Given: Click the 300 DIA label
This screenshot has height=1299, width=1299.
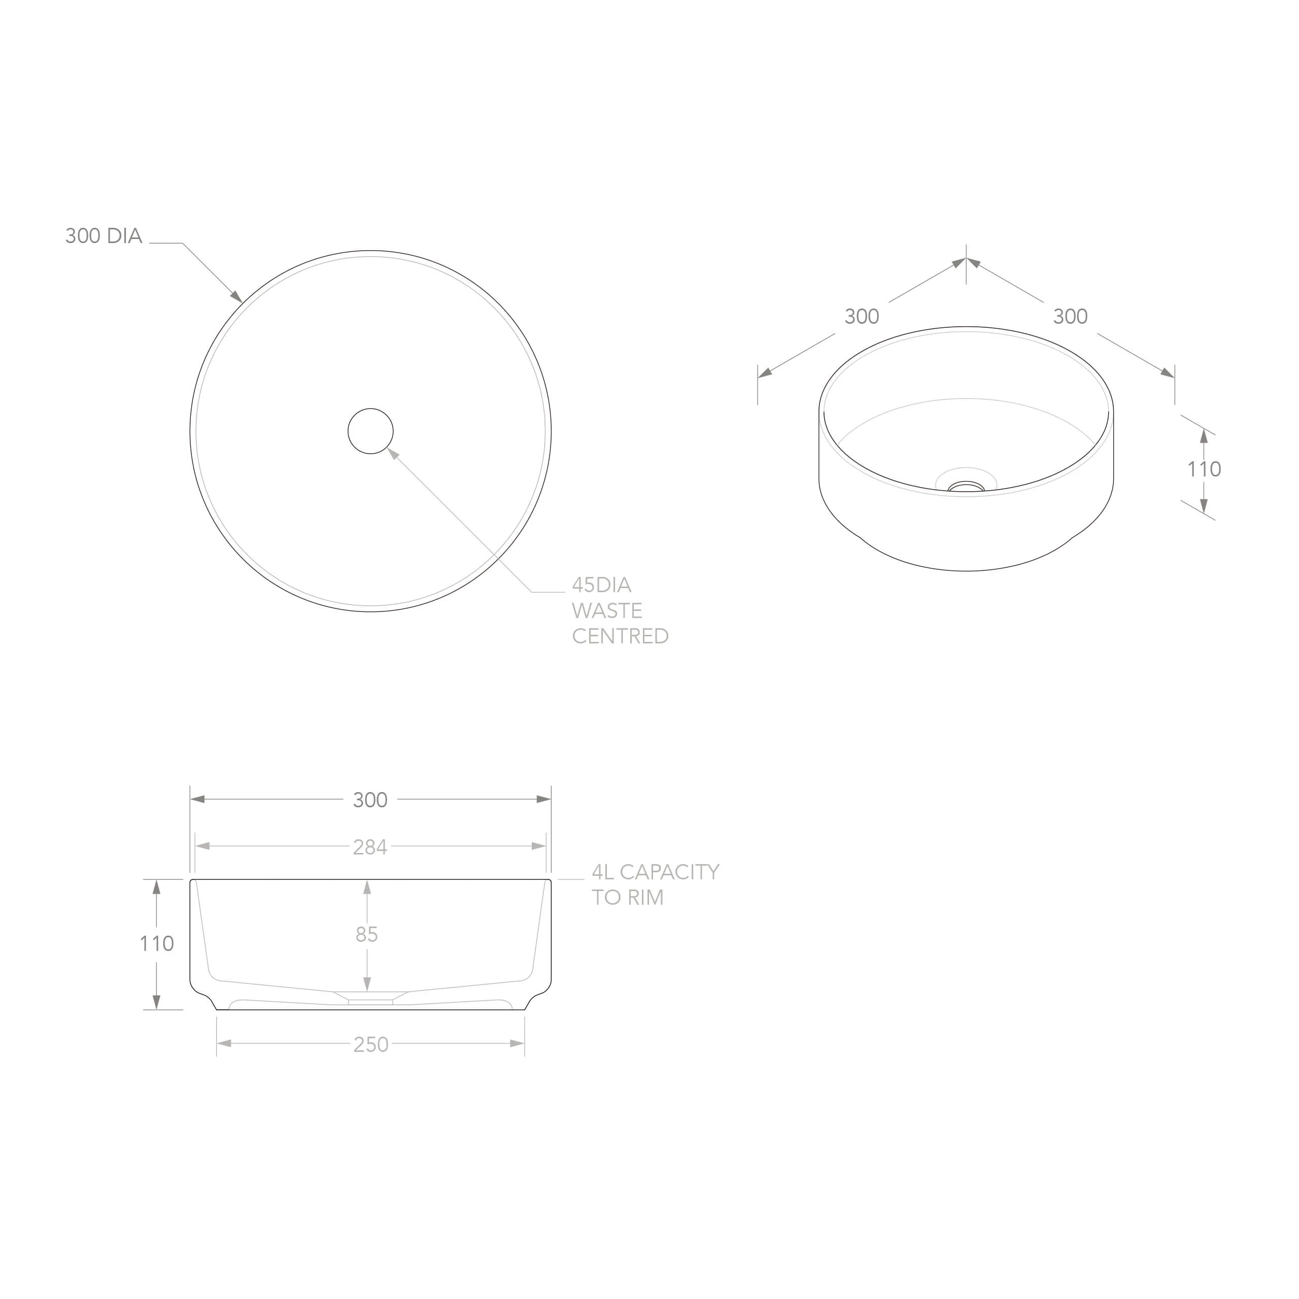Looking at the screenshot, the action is [x=104, y=236].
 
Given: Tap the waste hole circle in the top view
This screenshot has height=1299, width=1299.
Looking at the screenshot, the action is [x=370, y=409].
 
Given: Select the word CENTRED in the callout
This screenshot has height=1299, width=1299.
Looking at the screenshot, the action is [x=620, y=636].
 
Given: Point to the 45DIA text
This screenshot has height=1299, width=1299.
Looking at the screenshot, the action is [x=602, y=585].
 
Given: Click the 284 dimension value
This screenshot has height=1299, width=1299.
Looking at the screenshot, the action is [x=370, y=847].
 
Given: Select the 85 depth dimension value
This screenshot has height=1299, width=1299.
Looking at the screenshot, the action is [x=366, y=935].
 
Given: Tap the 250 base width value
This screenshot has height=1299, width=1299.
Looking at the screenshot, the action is [x=371, y=1044].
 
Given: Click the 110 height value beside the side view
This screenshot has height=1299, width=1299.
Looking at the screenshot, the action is [x=157, y=944].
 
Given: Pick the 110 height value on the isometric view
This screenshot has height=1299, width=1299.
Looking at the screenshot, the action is [x=1204, y=469].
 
